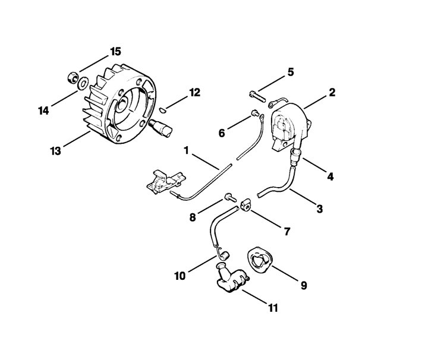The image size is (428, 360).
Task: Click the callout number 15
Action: (x=115, y=52)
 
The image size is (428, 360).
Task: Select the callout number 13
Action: (x=55, y=151)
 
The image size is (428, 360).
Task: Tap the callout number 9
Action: (x=304, y=286)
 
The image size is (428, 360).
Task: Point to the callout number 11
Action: (x=273, y=308)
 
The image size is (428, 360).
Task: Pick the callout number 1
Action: (x=187, y=150)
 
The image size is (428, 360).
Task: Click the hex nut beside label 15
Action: (x=73, y=77)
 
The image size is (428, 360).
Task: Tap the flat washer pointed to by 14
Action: (x=83, y=83)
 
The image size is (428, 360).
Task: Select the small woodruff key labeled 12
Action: (x=162, y=110)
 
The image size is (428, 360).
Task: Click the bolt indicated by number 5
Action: (x=257, y=97)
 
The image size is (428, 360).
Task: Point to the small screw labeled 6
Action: (x=255, y=112)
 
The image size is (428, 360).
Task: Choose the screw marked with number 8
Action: (x=231, y=197)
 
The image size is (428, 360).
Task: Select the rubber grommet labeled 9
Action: (x=260, y=260)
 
